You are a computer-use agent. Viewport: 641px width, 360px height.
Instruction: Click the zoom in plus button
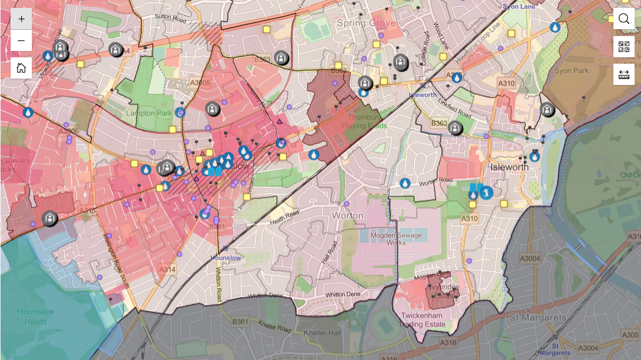click(21, 19)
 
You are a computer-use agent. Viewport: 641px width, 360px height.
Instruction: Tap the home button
click(21, 68)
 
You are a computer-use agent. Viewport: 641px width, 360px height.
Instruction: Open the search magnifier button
click(624, 19)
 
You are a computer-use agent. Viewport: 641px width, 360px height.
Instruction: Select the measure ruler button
click(624, 75)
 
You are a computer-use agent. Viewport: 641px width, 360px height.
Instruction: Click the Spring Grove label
click(366, 23)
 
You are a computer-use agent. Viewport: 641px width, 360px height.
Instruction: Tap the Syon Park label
click(571, 71)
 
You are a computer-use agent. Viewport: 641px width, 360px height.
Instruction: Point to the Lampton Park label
click(149, 113)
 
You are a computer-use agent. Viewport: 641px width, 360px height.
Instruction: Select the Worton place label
click(347, 216)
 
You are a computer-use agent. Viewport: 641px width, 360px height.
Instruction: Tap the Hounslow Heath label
click(35, 316)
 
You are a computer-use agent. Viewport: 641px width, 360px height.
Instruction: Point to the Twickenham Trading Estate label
click(423, 320)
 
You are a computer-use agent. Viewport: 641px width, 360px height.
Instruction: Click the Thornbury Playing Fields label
click(364, 122)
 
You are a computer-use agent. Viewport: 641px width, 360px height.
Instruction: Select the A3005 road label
click(200, 83)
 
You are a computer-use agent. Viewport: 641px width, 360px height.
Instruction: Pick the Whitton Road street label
click(218, 284)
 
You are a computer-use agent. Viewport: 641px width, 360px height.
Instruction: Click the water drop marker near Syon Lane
click(555, 27)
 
